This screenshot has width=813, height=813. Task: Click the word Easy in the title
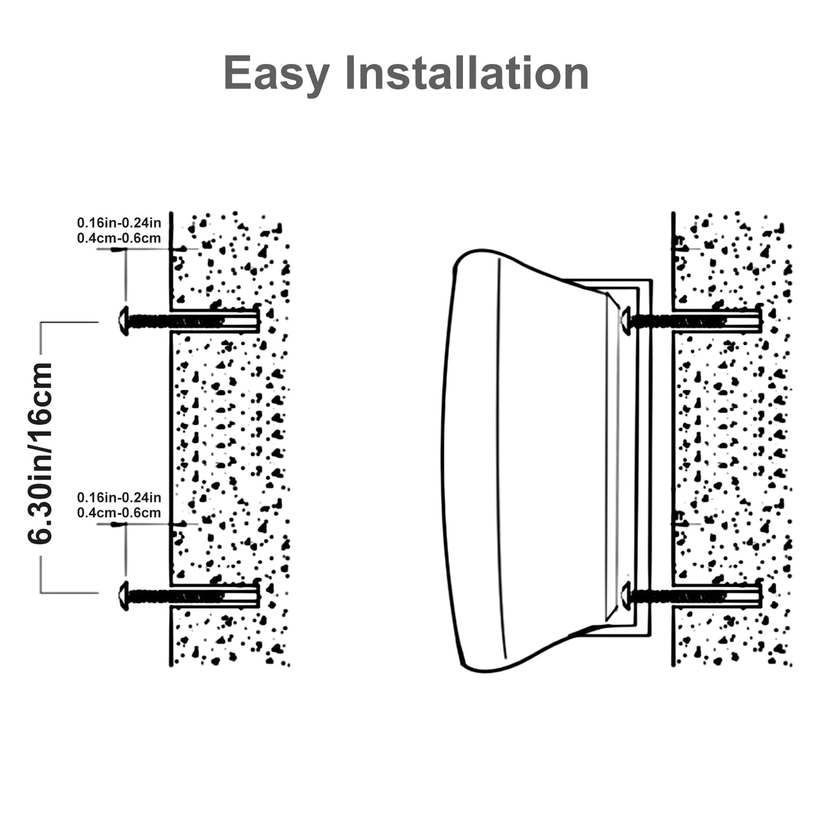pyautogui.click(x=276, y=74)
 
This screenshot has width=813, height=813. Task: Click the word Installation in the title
pyautogui.click(x=466, y=73)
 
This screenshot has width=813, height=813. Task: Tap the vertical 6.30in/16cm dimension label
pyautogui.click(x=41, y=453)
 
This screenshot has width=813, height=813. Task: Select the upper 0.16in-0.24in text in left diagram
pyautogui.click(x=119, y=223)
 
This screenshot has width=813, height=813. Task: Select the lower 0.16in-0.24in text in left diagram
pyautogui.click(x=119, y=497)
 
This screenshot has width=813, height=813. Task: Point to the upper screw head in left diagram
pyautogui.click(x=123, y=321)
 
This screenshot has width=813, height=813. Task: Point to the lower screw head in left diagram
pyautogui.click(x=123, y=595)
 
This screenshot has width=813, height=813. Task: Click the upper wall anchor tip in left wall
pyautogui.click(x=258, y=321)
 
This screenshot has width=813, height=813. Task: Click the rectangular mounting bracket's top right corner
pyautogui.click(x=650, y=280)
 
